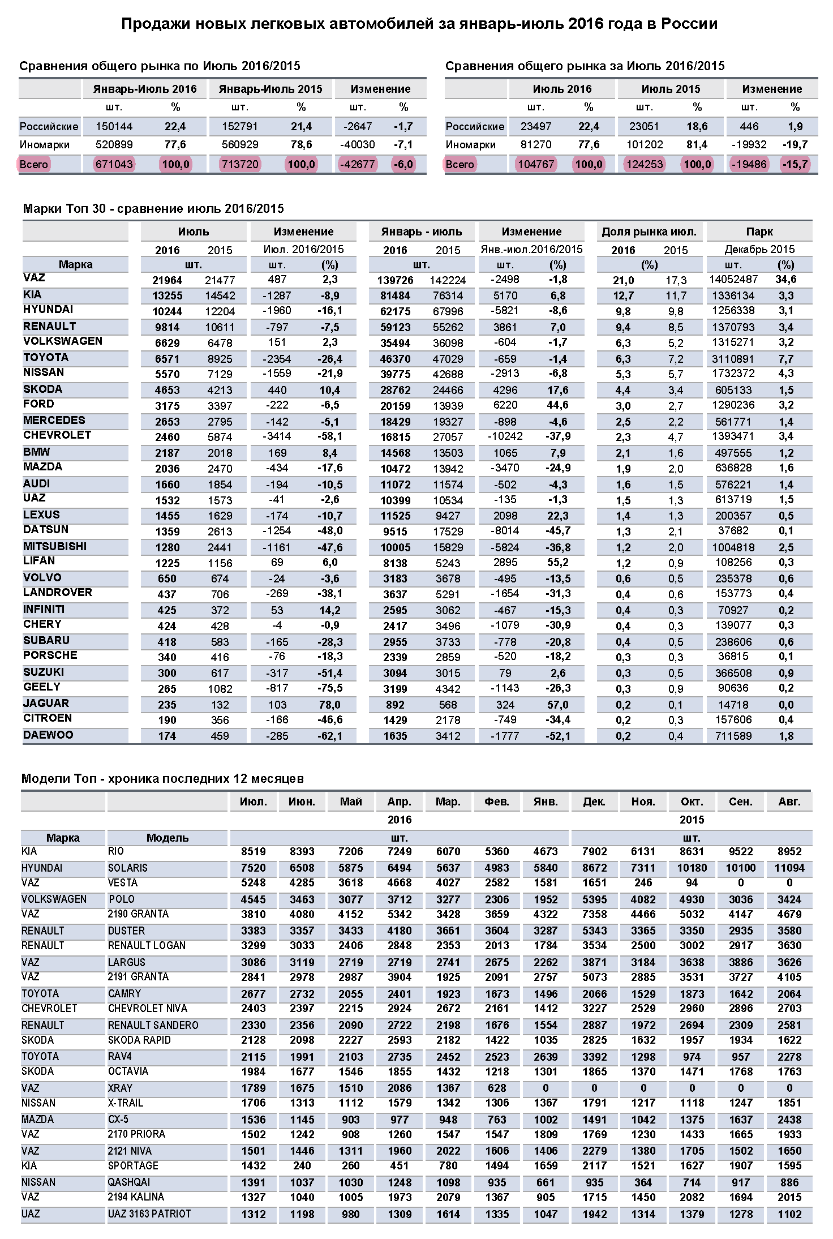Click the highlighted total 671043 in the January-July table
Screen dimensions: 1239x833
[x=114, y=165]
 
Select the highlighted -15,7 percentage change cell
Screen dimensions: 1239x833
[x=795, y=165]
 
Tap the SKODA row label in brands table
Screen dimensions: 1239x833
[x=42, y=389]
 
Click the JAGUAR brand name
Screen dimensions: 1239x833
[x=46, y=704]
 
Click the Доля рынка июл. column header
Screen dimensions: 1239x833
[x=649, y=231]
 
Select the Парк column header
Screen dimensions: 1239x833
[x=759, y=231]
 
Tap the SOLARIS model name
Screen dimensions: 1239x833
[x=127, y=868]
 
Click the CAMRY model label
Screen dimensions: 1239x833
[x=124, y=994]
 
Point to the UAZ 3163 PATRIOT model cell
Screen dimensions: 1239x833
[x=149, y=1214]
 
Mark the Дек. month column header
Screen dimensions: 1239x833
[x=594, y=801]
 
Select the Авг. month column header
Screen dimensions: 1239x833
[x=789, y=801]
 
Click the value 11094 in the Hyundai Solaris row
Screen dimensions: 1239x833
[x=789, y=868]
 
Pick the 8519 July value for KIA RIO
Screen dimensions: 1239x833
[x=253, y=852]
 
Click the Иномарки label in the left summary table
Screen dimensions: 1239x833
[x=45, y=145]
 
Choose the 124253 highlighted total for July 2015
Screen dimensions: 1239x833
[x=644, y=165]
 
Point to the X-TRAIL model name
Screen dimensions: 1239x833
[x=126, y=1103]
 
